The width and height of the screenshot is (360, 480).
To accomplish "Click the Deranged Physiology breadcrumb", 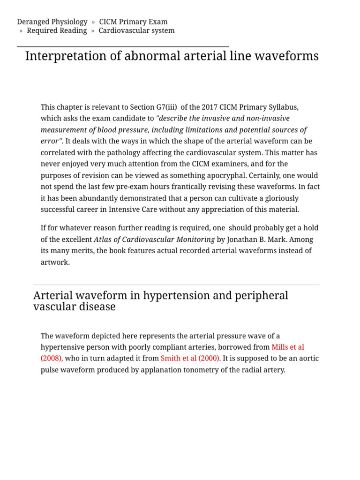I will coord(52,22).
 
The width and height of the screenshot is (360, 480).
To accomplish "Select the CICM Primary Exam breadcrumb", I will coord(133,22).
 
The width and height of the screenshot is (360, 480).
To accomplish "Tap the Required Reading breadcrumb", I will coord(57,30).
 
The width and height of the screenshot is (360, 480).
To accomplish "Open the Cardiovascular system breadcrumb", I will coord(136,30).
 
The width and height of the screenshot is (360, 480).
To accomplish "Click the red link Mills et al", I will coord(288,347).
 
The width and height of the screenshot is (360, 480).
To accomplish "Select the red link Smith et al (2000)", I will coord(190,359).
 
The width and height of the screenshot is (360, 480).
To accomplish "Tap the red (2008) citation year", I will coord(52,359).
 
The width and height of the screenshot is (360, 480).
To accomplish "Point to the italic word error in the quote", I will coord(50,141).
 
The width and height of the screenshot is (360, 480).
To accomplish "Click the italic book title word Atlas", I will coord(104,239).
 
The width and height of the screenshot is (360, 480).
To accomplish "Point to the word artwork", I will coord(54,262).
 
